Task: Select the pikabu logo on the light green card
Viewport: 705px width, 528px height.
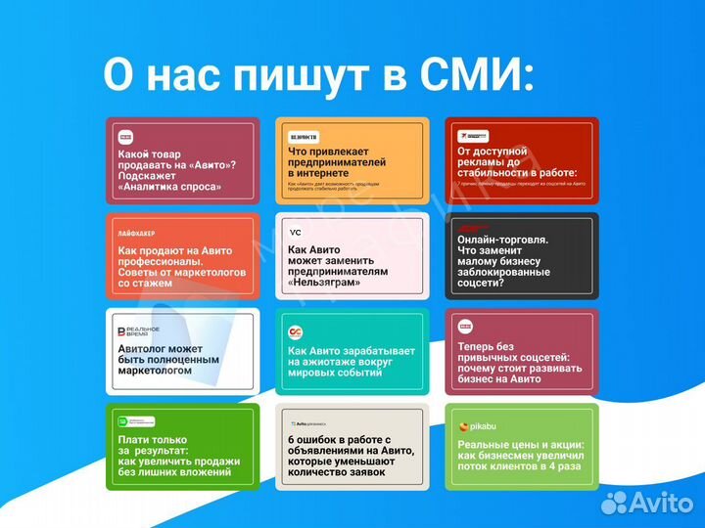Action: [477, 426]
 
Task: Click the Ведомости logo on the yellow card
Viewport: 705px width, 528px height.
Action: [304, 138]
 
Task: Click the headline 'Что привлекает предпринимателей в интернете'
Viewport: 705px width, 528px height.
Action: [337, 161]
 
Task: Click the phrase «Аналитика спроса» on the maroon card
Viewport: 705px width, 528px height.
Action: [169, 186]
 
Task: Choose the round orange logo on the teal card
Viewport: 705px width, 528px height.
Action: [296, 332]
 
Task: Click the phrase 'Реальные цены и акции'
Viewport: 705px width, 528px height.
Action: [519, 446]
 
